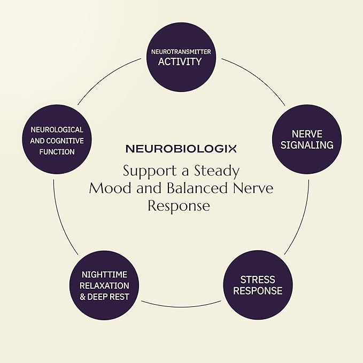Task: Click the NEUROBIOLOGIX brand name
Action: (181, 149)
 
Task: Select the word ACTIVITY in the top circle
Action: (180, 61)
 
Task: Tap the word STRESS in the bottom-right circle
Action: (258, 280)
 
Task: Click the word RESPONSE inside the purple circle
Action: (258, 291)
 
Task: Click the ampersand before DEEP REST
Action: (82, 297)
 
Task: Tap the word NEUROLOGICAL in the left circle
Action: (57, 130)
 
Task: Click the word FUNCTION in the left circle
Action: (57, 152)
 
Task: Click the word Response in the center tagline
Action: (179, 206)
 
